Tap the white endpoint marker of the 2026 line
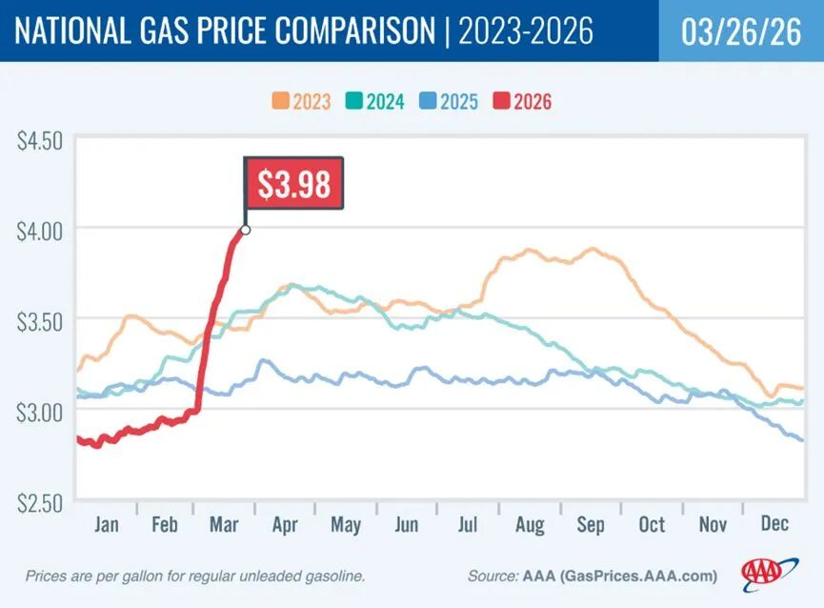coord(246,230)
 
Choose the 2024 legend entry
coord(375,101)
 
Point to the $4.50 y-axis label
coord(39,140)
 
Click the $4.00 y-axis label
coord(39,230)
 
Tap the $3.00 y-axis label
coord(39,410)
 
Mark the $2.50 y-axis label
coord(39,499)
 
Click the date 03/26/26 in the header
coord(741,30)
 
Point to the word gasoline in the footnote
coord(333,576)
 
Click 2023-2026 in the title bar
coord(526,30)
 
